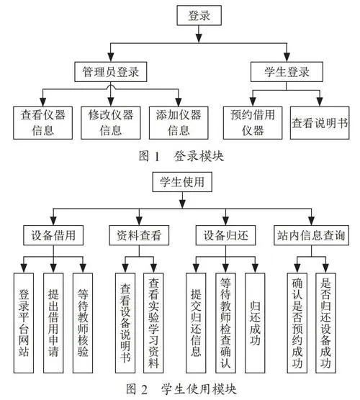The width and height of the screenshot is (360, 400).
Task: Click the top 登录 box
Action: click(x=199, y=15)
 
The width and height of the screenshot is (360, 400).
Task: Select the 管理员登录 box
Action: click(x=111, y=72)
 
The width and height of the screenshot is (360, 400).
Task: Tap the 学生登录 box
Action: click(x=287, y=72)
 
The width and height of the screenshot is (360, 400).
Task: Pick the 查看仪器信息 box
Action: click(x=43, y=123)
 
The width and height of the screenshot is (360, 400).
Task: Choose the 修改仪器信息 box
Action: click(x=111, y=123)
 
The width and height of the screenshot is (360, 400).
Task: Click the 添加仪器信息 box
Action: click(x=179, y=123)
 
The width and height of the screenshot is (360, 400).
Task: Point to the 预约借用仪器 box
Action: click(x=253, y=123)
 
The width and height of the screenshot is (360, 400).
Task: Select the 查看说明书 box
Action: click(x=320, y=123)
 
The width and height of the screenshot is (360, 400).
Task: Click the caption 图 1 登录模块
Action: click(x=181, y=156)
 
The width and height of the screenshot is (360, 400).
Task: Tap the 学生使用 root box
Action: click(x=182, y=182)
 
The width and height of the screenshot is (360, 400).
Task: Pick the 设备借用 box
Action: click(x=53, y=235)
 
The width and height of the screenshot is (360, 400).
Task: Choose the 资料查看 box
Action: click(x=139, y=235)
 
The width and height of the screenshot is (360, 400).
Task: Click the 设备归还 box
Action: click(x=225, y=235)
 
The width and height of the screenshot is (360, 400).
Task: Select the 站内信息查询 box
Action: click(x=311, y=235)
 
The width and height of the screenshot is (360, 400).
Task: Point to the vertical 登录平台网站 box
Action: click(x=24, y=323)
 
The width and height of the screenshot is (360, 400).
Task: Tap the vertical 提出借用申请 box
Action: click(x=53, y=323)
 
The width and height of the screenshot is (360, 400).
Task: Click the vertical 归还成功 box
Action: click(x=255, y=323)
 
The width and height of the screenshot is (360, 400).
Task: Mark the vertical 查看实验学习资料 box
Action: click(x=153, y=323)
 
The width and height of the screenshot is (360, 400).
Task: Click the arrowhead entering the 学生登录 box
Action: click(x=287, y=57)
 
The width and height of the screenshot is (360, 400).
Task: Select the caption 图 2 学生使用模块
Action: click(x=181, y=389)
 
